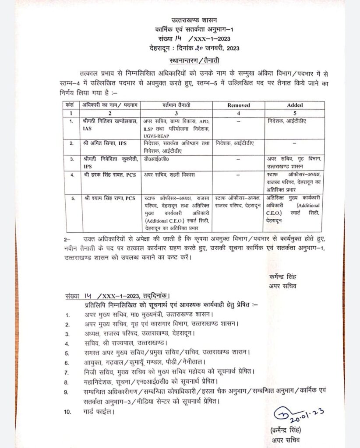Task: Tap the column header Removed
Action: pyautogui.click(x=239, y=105)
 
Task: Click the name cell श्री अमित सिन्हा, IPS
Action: pyautogui.click(x=102, y=143)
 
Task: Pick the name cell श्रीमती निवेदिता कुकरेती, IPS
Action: pyautogui.click(x=109, y=163)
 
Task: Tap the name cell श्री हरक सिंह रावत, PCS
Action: pyautogui.click(x=108, y=175)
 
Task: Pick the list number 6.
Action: pyautogui.click(x=67, y=363)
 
